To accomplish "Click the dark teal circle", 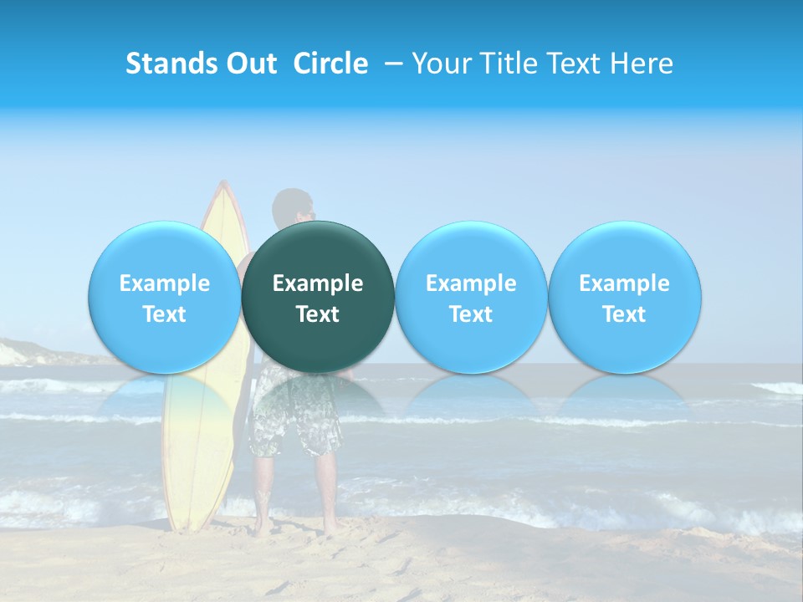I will pos(318,297).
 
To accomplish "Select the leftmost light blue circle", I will pos(165,297).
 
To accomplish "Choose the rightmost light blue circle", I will pos(624,297).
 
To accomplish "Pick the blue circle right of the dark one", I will pos(471,297).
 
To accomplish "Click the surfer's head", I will pos(293,207).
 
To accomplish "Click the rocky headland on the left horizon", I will pos(25,352).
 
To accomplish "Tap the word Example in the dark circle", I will pos(318,283).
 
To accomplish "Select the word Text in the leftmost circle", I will pos(165,314).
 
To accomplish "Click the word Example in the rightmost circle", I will pos(624,283).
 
